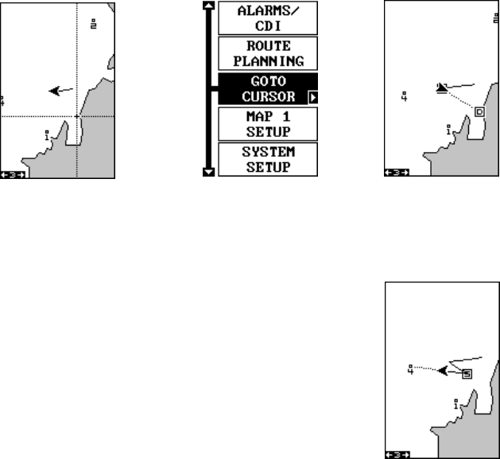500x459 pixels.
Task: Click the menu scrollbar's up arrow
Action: (x=210, y=6)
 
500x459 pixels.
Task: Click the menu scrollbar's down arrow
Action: (x=210, y=170)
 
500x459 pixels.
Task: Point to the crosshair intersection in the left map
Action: (x=76, y=116)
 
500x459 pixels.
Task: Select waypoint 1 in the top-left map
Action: (x=47, y=135)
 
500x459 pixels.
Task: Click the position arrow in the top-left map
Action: (x=56, y=90)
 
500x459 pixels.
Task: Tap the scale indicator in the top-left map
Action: (x=14, y=173)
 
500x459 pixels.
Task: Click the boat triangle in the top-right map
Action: (x=442, y=88)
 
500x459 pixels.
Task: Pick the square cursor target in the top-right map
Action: (x=479, y=112)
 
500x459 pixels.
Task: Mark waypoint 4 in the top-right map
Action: (x=405, y=96)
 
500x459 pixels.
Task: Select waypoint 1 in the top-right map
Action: (x=450, y=129)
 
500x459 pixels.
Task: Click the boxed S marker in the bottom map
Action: (x=467, y=373)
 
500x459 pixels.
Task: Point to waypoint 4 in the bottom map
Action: (x=410, y=369)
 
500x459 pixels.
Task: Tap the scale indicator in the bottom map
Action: (x=395, y=454)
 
